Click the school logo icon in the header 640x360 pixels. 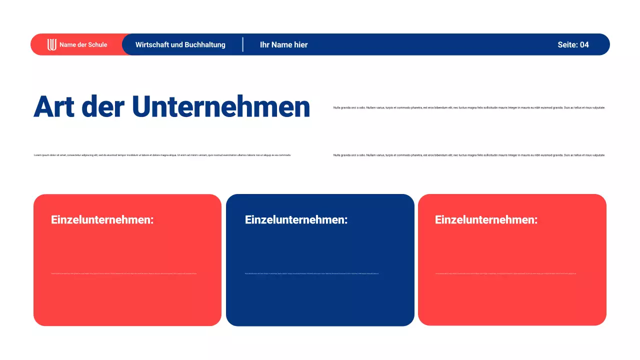(52, 44)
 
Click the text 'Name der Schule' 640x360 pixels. (83, 44)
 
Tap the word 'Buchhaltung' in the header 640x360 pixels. (205, 44)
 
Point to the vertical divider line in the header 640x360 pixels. (243, 44)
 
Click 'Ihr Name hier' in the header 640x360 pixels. (283, 44)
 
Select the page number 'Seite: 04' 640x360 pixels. (573, 44)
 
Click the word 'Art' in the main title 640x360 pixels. (54, 106)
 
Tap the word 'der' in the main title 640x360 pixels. (103, 106)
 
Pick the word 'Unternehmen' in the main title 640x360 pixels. (221, 106)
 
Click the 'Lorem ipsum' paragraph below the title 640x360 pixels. (162, 155)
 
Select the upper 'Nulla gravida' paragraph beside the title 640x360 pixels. (469, 107)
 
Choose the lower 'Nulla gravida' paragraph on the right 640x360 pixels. (469, 155)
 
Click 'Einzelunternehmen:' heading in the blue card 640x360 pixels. (296, 219)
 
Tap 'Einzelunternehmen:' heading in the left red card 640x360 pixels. (102, 219)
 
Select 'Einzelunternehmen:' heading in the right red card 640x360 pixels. (486, 219)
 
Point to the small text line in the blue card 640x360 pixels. (311, 273)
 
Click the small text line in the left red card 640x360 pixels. (123, 273)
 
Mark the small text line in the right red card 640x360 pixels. (505, 273)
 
